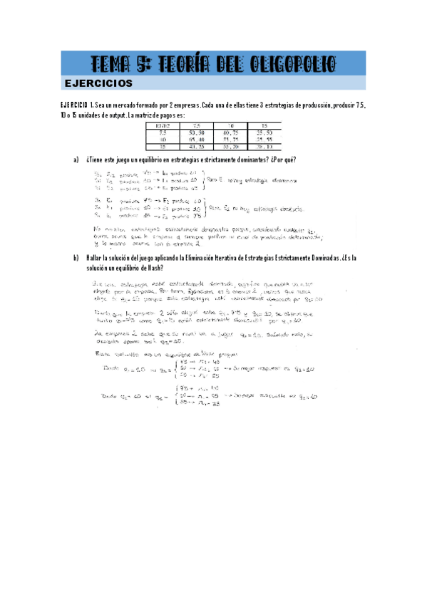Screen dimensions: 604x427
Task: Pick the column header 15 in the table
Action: pos(264,126)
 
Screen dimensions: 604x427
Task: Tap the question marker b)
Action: pos(76,257)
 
